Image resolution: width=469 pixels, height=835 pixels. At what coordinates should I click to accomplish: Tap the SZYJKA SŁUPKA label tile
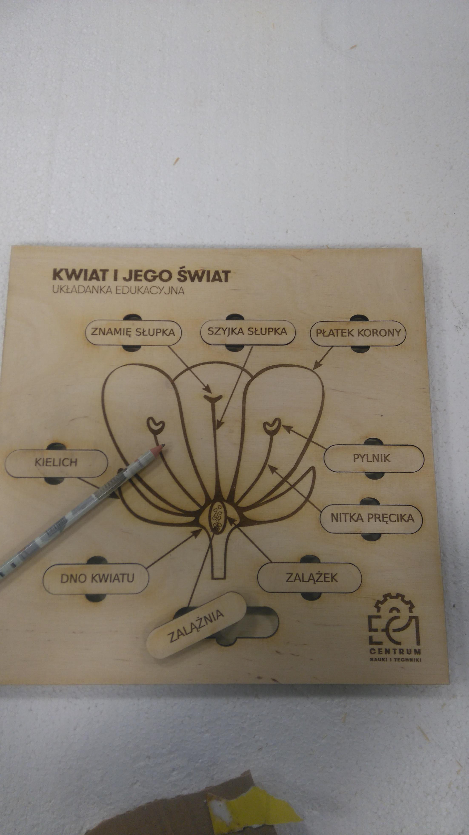(247, 332)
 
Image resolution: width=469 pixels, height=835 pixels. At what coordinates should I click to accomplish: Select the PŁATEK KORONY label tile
(358, 333)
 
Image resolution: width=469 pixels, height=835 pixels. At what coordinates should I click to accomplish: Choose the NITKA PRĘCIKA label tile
(372, 518)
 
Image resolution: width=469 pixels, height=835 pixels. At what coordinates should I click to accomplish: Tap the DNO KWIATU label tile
(96, 578)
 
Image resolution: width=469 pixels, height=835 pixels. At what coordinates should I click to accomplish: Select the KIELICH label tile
(56, 463)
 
